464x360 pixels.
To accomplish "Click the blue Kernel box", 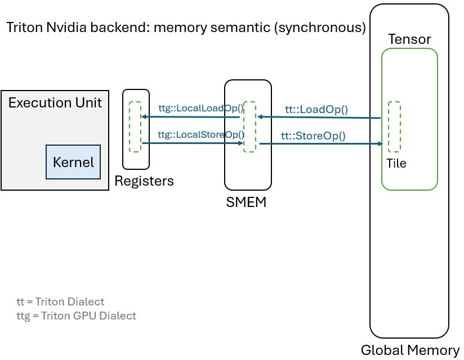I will coord(73,162).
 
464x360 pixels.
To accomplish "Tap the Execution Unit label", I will coord(55,102).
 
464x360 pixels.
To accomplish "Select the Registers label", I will coord(144,181).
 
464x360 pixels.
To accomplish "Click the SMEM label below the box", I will coord(246,202).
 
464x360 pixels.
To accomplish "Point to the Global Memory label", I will coord(410,350).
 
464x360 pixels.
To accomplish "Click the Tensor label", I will coord(409,39).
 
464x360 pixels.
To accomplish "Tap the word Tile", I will coord(396,164).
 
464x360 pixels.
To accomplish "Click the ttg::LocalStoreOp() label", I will coord(201,134).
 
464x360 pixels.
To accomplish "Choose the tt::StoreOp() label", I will coord(313,136).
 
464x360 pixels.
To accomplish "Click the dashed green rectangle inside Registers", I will coord(135,127).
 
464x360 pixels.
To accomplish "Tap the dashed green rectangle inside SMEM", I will coord(249,127).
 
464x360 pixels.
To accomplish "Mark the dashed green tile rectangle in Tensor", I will coord(394,127).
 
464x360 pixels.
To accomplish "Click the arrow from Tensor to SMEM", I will coord(318,118).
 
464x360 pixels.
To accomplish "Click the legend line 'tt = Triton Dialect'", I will coord(60,301).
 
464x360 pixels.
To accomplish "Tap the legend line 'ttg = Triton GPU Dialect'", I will coord(76,316).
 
